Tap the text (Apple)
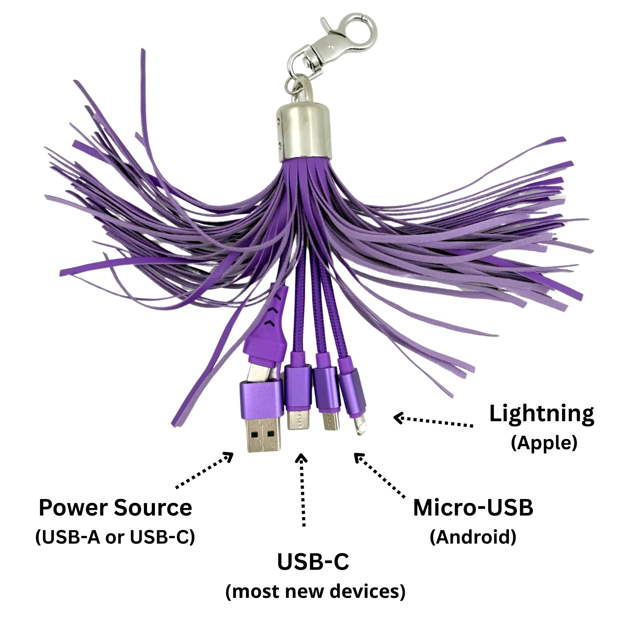pos(544,443)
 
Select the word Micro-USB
pos(473,508)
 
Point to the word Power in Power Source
pos(73,508)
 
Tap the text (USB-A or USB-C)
pos(115,537)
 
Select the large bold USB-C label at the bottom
pos(313,562)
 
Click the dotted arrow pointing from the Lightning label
pos(433,421)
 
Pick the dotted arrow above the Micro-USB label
pos(380,475)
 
